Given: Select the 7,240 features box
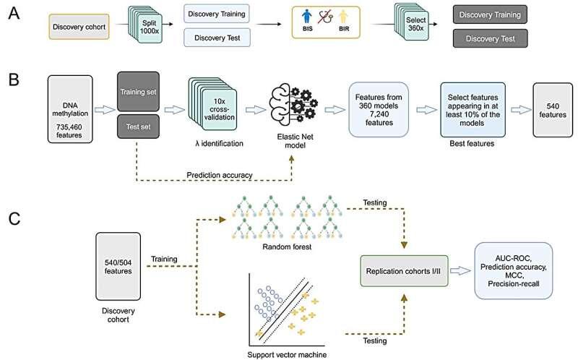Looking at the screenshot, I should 384,106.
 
